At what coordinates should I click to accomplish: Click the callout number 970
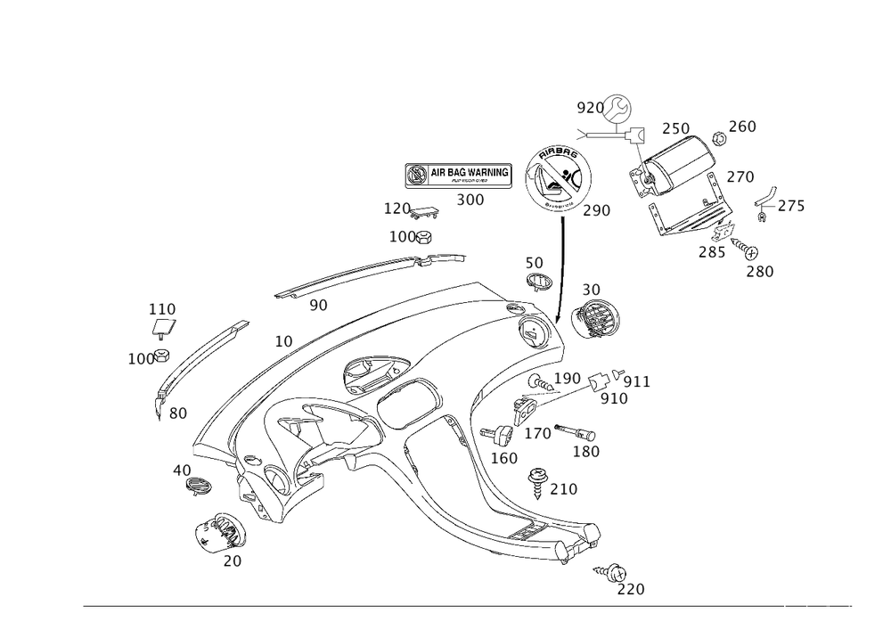pyautogui.click(x=589, y=107)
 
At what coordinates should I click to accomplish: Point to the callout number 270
pyautogui.click(x=740, y=177)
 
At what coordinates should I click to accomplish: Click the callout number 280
pyautogui.click(x=760, y=271)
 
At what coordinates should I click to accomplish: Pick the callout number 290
pyautogui.click(x=595, y=211)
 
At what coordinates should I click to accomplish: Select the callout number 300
pyautogui.click(x=470, y=200)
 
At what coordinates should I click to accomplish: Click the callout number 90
pyautogui.click(x=318, y=306)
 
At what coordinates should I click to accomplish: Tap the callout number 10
pyautogui.click(x=283, y=340)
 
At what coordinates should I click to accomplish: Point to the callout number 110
pyautogui.click(x=162, y=309)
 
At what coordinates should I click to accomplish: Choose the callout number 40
pyautogui.click(x=183, y=468)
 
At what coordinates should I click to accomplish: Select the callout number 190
pyautogui.click(x=567, y=379)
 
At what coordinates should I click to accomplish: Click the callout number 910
pyautogui.click(x=614, y=399)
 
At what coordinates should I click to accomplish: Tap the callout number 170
pyautogui.click(x=536, y=434)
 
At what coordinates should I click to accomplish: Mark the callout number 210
pyautogui.click(x=563, y=489)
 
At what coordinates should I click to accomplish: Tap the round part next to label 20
pyautogui.click(x=218, y=533)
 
